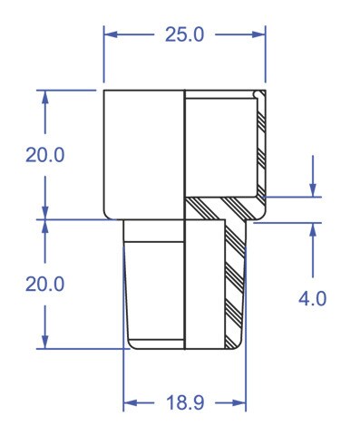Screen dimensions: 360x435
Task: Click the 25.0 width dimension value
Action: click(x=184, y=34)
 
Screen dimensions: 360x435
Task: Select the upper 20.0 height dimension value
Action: click(x=45, y=155)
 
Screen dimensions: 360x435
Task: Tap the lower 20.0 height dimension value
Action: click(x=45, y=285)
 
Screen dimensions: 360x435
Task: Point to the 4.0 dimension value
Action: click(x=313, y=299)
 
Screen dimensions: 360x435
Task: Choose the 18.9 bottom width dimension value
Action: click(x=185, y=402)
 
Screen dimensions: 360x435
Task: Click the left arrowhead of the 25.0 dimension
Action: click(x=111, y=34)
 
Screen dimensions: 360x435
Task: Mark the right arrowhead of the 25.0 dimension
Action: click(x=258, y=34)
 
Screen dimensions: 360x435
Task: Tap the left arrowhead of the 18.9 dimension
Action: click(x=131, y=402)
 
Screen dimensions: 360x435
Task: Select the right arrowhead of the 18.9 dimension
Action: click(x=239, y=402)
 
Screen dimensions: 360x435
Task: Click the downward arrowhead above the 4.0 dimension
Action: click(x=313, y=190)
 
